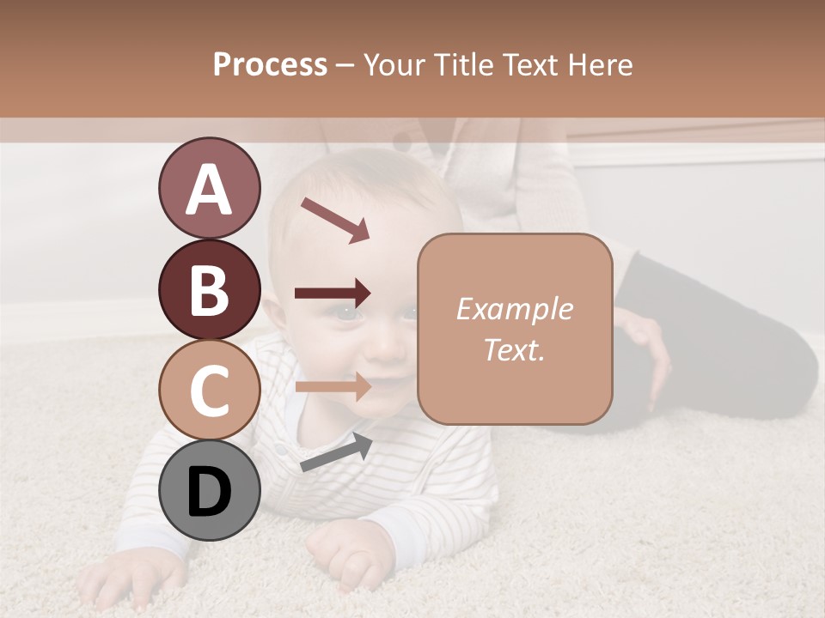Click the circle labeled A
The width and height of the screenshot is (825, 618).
209,188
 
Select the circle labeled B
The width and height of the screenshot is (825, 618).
209,289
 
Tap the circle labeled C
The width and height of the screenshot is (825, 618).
209,390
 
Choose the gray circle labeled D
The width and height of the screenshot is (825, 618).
209,490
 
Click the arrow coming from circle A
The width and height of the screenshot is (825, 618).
335,220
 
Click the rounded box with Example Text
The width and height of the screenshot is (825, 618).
515,329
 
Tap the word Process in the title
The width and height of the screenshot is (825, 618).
270,64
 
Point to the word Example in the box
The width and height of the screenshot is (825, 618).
515,309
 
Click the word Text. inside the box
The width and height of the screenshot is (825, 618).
515,349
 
